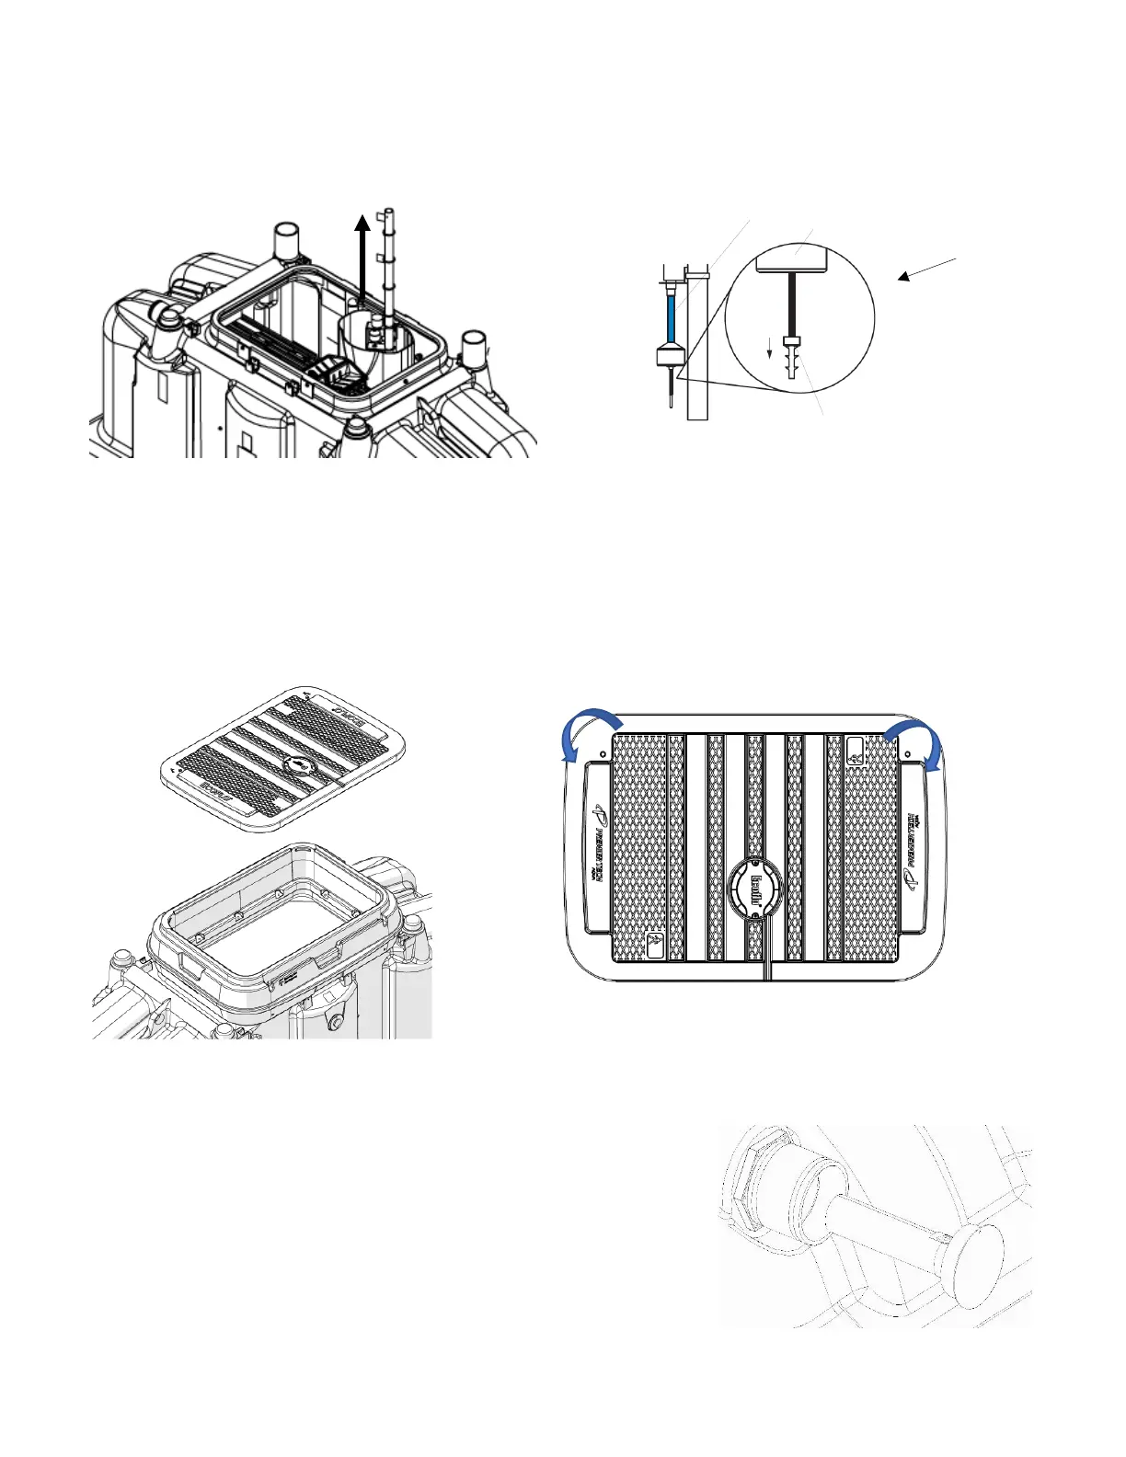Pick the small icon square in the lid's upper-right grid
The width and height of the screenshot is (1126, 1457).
pos(856,752)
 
